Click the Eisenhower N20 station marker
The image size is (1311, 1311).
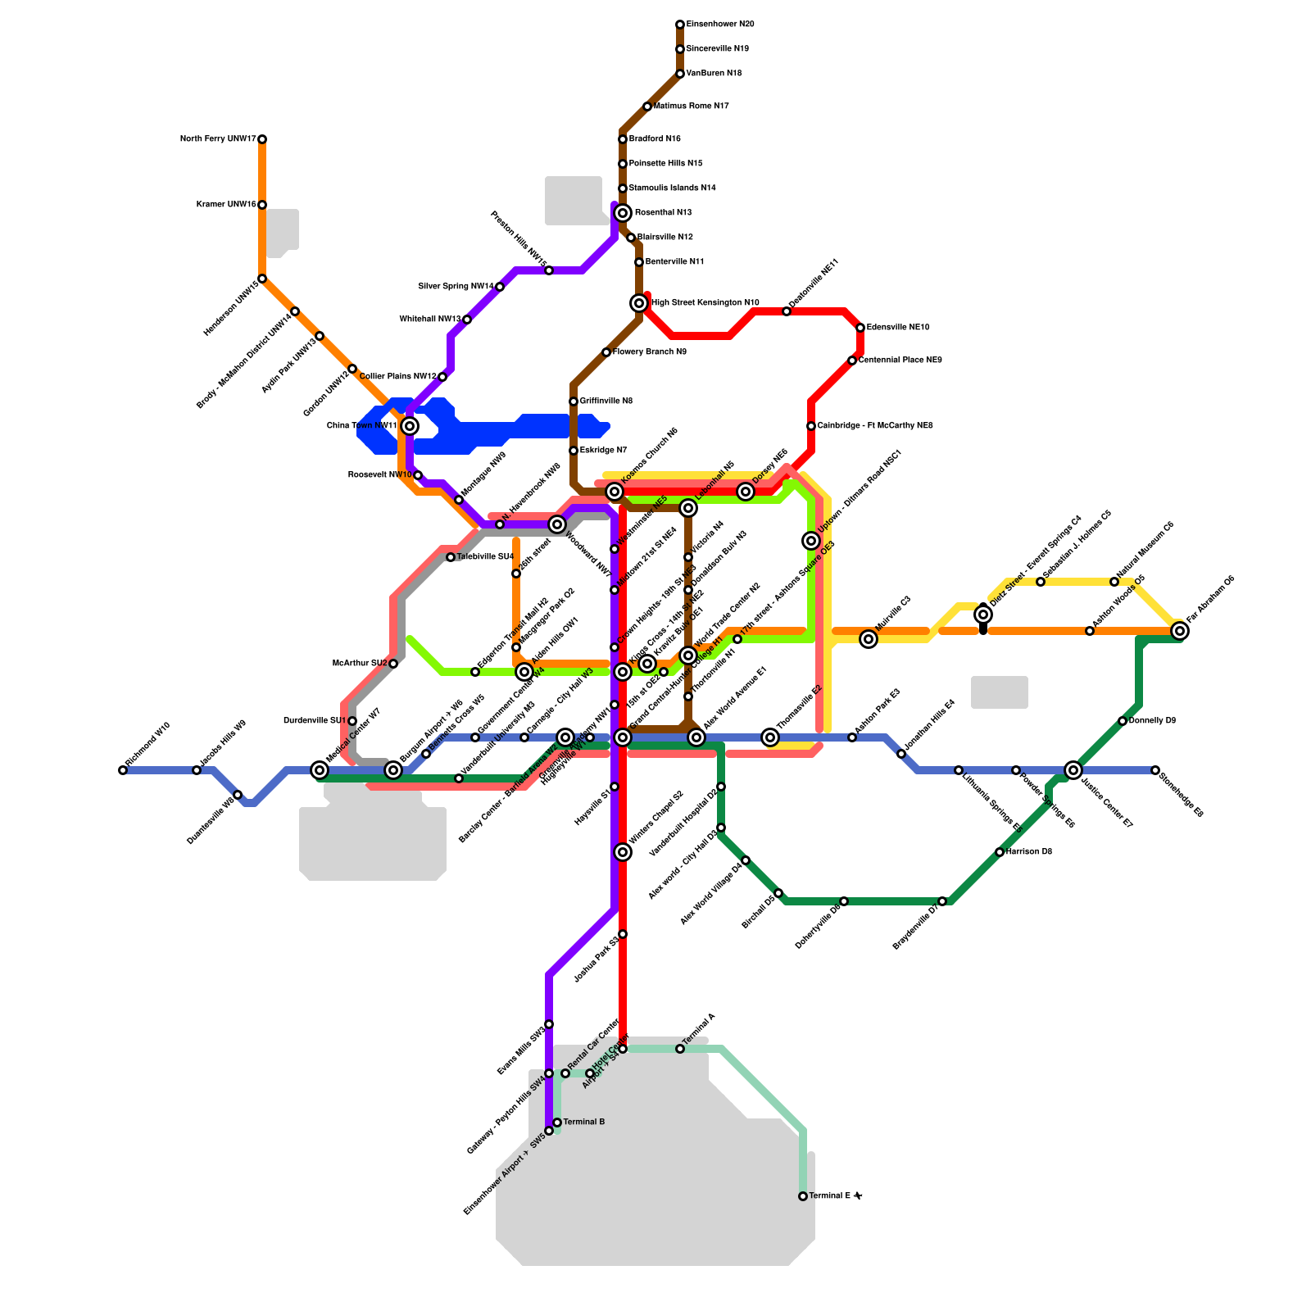[x=680, y=25]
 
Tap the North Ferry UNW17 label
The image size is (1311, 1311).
[x=218, y=139]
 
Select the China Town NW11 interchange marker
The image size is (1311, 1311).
[x=410, y=426]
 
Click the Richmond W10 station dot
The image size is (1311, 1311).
[x=123, y=770]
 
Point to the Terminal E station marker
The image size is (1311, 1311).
[x=803, y=1196]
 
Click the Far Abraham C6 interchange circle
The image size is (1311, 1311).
[x=1180, y=631]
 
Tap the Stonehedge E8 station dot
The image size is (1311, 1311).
[x=1155, y=770]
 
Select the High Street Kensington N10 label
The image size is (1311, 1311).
[x=705, y=303]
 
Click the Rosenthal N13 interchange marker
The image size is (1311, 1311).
[x=623, y=213]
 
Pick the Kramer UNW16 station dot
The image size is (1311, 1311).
[x=262, y=205]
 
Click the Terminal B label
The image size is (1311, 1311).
[x=584, y=1122]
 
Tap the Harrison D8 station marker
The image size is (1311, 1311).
[x=1000, y=852]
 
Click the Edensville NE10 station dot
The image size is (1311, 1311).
[x=860, y=328]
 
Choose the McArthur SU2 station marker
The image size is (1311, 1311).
[x=393, y=664]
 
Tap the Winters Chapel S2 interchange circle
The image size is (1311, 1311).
[x=623, y=852]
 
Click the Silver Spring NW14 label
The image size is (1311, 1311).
[x=456, y=287]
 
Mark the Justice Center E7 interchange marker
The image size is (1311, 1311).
[x=1073, y=770]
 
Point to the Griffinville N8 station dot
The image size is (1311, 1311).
[x=574, y=401]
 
